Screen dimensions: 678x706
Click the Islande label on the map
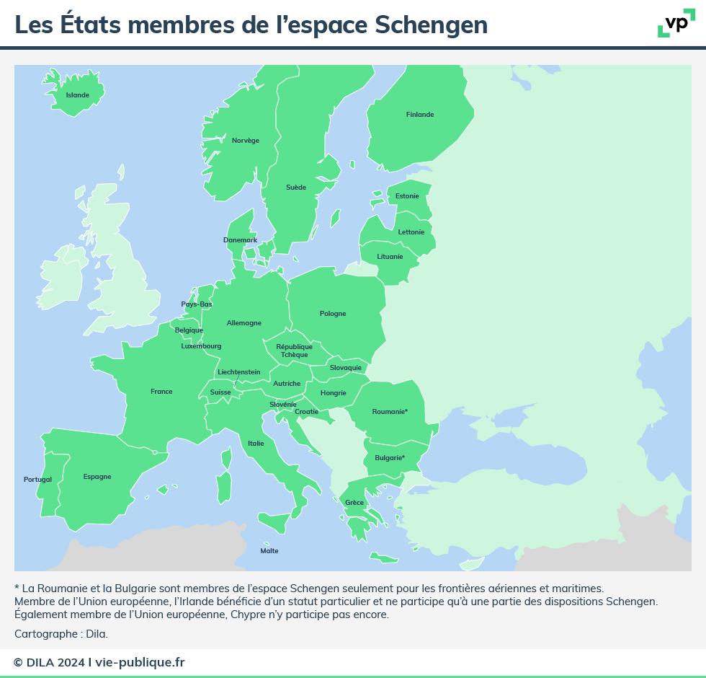[x=78, y=95]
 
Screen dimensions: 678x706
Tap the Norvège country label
[x=246, y=141]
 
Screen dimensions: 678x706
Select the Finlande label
[x=420, y=115]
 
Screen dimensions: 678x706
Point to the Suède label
[x=296, y=188]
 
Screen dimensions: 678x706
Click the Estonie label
[x=407, y=196]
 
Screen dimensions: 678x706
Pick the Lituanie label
[x=390, y=257]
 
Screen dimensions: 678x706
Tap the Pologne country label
[x=333, y=314]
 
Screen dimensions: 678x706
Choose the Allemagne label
[x=244, y=323]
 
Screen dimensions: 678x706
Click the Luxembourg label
[x=201, y=346]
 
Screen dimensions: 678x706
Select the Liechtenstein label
[x=239, y=372]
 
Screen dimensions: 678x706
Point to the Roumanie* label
[x=390, y=412]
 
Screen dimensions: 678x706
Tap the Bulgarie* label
[x=390, y=458]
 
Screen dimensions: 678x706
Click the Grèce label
[x=354, y=503]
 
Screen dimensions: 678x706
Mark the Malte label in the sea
[x=269, y=551]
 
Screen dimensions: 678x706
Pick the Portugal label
[x=37, y=480]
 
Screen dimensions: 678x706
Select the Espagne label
[x=97, y=477]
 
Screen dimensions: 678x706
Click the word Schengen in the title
[x=432, y=25]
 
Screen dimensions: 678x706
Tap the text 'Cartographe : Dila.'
[x=61, y=634]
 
